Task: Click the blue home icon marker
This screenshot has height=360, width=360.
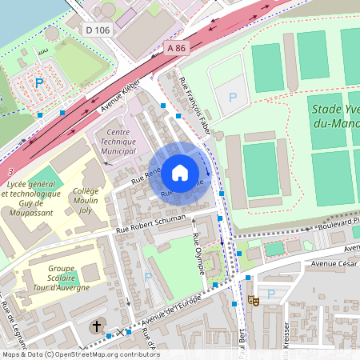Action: click(180, 172)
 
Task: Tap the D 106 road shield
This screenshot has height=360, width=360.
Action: click(97, 30)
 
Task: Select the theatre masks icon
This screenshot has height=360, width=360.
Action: click(254, 300)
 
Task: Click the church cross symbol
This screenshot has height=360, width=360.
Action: click(97, 326)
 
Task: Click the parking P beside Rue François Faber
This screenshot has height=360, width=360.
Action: click(233, 97)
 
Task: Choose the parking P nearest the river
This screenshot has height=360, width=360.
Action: click(38, 83)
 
